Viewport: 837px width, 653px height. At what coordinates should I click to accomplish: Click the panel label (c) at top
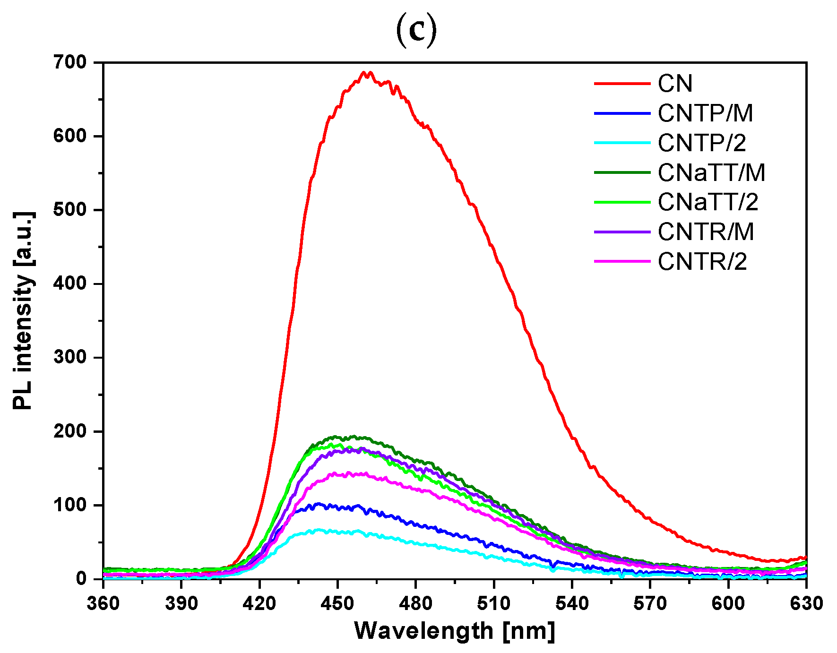click(416, 31)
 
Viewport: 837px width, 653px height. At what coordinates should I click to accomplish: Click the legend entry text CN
click(675, 84)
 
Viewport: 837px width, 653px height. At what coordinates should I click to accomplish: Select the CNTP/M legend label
click(705, 113)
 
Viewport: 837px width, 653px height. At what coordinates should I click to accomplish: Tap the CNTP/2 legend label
click(702, 143)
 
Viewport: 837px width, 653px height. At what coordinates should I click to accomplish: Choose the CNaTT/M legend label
click(711, 173)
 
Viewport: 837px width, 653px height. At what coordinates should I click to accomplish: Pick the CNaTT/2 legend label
click(708, 202)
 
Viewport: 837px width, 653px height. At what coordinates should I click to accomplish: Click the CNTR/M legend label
click(706, 232)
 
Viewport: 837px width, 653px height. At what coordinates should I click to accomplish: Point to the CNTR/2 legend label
click(702, 262)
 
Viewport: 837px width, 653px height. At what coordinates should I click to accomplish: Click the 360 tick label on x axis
click(103, 603)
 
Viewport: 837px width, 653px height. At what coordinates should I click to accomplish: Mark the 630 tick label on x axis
click(806, 603)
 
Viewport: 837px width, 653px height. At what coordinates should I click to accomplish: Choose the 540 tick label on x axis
click(572, 603)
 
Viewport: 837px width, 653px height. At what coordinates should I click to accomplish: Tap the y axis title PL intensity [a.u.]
click(24, 311)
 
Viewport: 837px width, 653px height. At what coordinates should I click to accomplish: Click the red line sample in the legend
click(622, 84)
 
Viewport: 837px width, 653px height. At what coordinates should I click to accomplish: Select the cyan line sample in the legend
click(622, 143)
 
